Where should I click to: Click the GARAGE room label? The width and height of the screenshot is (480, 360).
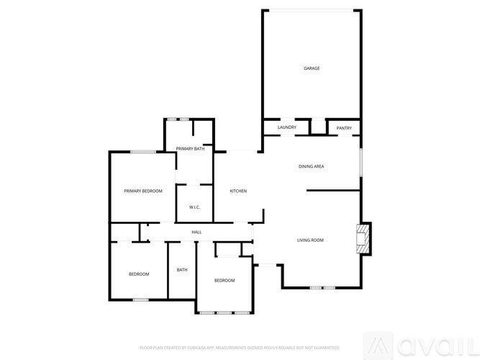(311, 68)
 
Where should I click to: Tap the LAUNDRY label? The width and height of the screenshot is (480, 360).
(286, 127)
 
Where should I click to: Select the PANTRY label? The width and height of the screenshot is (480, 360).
(344, 127)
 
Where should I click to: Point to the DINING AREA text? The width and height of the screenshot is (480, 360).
(311, 166)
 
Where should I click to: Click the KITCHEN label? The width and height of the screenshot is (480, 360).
(238, 191)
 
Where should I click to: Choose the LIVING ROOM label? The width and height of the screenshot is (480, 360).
(311, 240)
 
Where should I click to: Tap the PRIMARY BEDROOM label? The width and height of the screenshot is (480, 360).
(142, 191)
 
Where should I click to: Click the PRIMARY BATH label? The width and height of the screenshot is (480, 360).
(190, 148)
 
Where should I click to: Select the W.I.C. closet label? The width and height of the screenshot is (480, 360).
(194, 208)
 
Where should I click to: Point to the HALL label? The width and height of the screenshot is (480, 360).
(196, 232)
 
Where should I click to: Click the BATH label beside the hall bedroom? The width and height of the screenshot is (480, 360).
(182, 270)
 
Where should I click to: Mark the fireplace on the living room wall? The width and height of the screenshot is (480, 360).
(364, 238)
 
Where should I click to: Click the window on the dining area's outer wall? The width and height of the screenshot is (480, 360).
(360, 162)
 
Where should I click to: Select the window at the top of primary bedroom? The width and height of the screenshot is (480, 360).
(143, 151)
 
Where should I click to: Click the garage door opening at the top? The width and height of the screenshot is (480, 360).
(311, 10)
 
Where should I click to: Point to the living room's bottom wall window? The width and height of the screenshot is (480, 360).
(322, 287)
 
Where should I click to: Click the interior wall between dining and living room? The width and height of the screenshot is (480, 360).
(333, 191)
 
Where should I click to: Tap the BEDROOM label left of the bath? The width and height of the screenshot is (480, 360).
(139, 274)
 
